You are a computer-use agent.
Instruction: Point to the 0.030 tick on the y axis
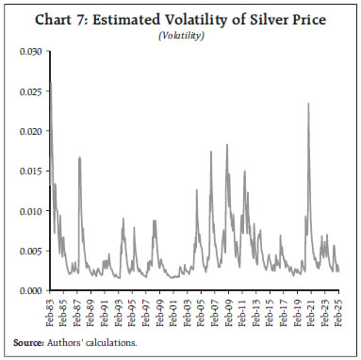[x=30, y=49]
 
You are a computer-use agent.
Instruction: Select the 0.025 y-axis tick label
[x=30, y=89]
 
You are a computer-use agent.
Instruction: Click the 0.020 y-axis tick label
[x=30, y=129]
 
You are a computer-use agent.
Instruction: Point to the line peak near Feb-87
[x=79, y=157]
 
